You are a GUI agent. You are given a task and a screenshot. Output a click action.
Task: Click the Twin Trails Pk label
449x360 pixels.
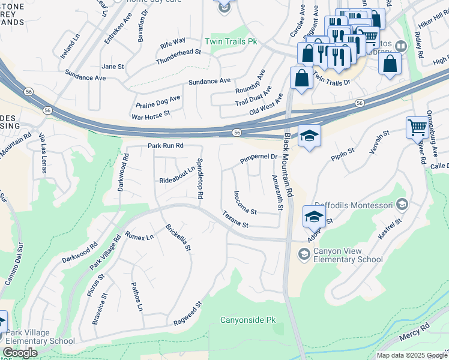click(231, 42)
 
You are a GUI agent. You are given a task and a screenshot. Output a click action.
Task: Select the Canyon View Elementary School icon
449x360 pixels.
click(304, 255)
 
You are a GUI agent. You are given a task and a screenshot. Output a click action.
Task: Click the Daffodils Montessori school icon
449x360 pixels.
click(402, 206)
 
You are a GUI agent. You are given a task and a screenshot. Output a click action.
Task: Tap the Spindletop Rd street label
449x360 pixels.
click(200, 179)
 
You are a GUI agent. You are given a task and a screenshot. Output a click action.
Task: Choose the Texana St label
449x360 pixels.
click(235, 220)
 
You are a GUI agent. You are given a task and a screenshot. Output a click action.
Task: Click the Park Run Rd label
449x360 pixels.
click(165, 146)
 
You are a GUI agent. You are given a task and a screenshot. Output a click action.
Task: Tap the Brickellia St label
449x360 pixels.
click(178, 237)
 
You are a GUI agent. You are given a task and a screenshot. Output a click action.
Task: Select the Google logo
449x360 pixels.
click(20, 353)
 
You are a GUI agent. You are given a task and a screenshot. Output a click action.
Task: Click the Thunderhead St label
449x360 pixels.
click(178, 57)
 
